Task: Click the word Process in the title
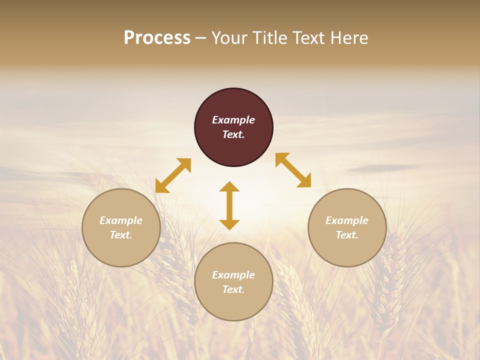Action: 157,38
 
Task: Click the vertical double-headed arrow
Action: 229,205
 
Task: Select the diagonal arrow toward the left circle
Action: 173,175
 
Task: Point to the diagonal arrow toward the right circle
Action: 293,170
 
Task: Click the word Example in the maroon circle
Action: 233,120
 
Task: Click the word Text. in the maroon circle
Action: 233,134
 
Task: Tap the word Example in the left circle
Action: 121,220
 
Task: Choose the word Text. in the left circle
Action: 121,235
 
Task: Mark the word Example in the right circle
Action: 347,220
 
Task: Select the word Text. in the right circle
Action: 347,235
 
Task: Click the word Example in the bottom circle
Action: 233,275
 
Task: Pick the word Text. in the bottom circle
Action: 233,289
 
